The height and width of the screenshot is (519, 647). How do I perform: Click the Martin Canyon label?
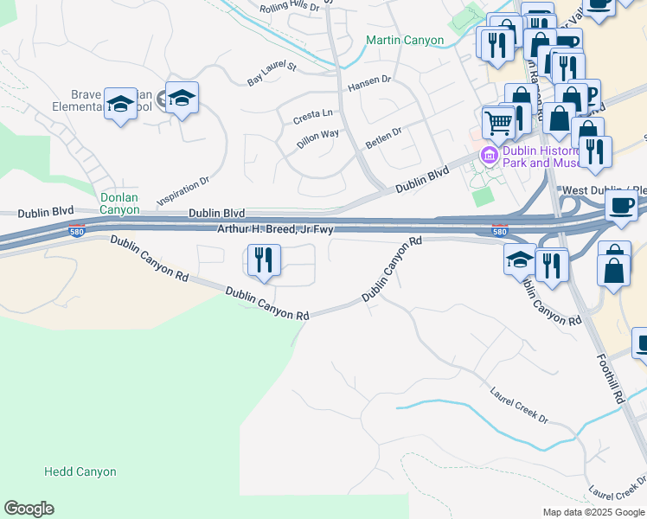click(404, 40)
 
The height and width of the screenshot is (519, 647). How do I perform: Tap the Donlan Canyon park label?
click(119, 203)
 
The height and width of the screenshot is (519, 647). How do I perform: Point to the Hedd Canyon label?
click(80, 472)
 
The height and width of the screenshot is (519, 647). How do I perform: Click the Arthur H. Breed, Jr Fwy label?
click(275, 228)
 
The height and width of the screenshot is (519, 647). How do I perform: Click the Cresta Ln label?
click(312, 115)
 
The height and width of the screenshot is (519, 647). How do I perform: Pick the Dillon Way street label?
click(317, 139)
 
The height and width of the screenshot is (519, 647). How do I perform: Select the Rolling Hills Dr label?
click(290, 8)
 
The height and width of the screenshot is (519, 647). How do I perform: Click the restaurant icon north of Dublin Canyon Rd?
click(261, 260)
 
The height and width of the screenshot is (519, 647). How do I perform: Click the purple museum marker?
click(489, 157)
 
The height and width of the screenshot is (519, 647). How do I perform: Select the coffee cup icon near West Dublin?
click(620, 206)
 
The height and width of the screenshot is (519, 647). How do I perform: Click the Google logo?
click(29, 509)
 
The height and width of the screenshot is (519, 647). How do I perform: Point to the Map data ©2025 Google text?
click(593, 512)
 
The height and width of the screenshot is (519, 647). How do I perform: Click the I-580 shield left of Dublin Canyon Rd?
click(77, 231)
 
